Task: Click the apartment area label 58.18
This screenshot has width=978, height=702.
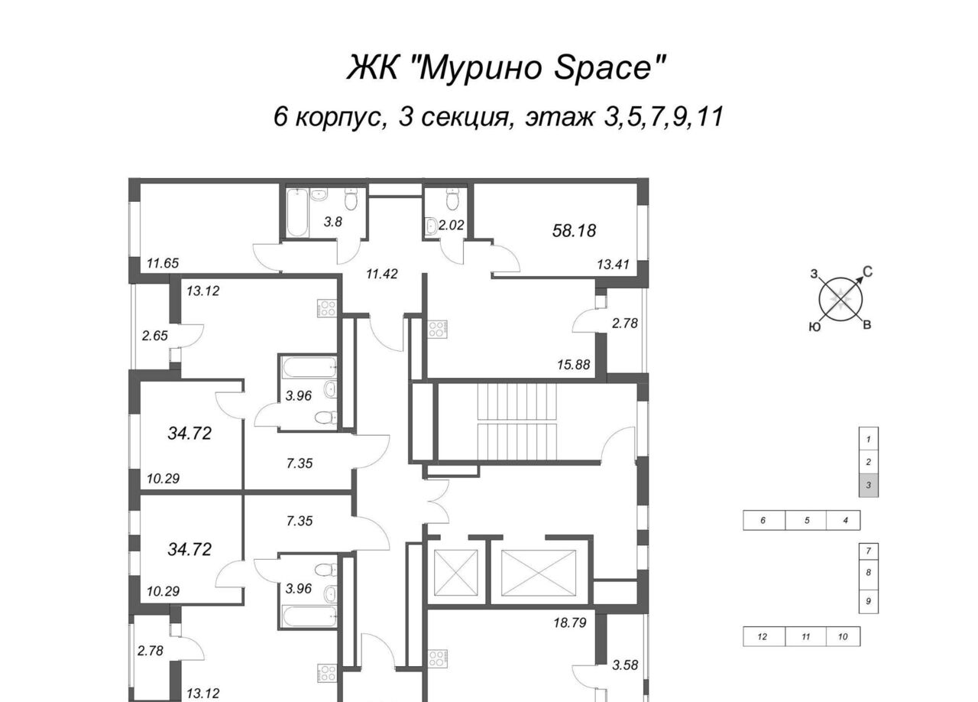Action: click(x=574, y=230)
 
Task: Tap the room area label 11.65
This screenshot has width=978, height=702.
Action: click(x=163, y=263)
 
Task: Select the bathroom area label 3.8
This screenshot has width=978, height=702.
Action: click(x=332, y=222)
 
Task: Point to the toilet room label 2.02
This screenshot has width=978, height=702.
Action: click(x=451, y=225)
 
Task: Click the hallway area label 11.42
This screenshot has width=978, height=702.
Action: click(x=382, y=274)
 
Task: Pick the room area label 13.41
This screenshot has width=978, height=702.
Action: click(x=614, y=264)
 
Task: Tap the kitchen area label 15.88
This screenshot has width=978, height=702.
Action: click(x=574, y=364)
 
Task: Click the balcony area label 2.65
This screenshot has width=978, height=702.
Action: click(x=155, y=335)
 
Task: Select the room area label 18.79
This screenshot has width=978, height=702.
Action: click(x=570, y=622)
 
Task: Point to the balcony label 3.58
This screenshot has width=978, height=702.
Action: click(x=625, y=665)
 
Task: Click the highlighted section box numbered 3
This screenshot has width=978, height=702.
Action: click(x=869, y=485)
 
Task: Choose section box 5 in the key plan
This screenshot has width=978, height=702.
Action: click(x=806, y=520)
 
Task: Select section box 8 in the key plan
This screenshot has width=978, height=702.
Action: click(x=869, y=572)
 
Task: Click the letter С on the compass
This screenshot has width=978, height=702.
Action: click(x=867, y=272)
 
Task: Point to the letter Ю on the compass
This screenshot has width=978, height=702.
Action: click(x=814, y=327)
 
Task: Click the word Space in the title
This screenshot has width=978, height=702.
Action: click(x=609, y=68)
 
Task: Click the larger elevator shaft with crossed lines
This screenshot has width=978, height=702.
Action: click(x=539, y=573)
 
